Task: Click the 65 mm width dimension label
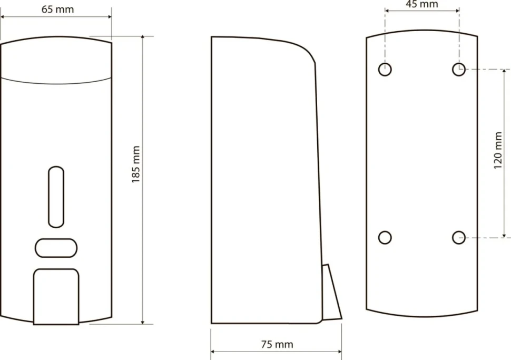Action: coord(57,9)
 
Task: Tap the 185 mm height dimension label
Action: coord(135,164)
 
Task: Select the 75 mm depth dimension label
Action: coord(277,344)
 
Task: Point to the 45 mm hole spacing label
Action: coord(421,4)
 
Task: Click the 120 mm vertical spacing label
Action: coord(498,150)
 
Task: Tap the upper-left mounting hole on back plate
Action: coord(385,70)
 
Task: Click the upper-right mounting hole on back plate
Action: coord(459,70)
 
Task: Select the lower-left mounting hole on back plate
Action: coord(385,238)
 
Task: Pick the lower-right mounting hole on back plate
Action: coord(459,238)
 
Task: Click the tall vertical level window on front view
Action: coord(56,197)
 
